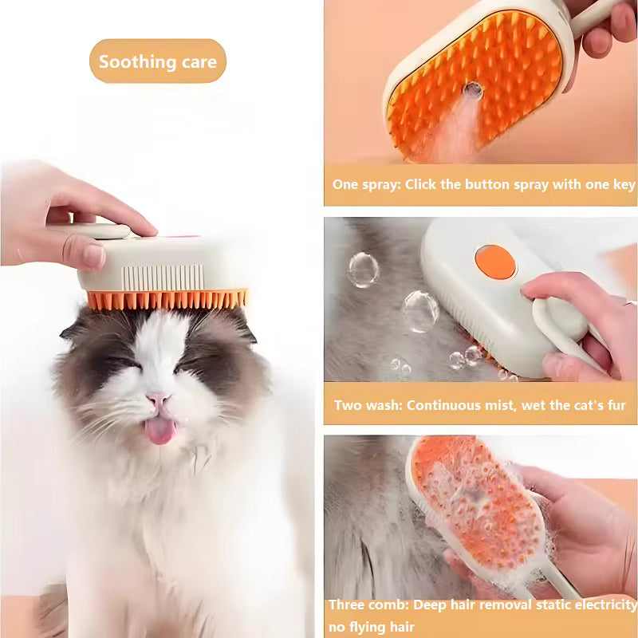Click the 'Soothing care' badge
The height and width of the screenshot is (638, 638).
pos(158,61)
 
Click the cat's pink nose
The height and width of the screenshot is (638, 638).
pos(158,397)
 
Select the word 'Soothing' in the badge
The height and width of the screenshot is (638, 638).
pos(132,61)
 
